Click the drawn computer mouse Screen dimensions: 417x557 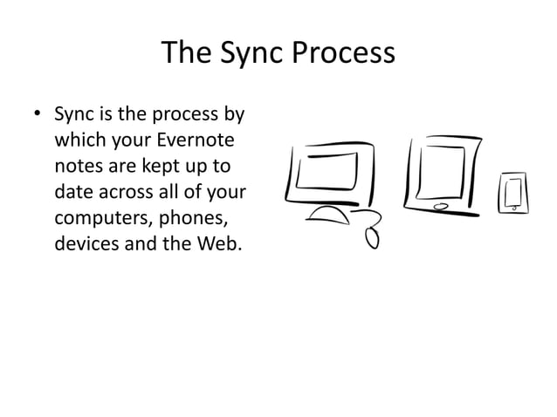coord(372,236)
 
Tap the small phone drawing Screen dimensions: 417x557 coord(512,193)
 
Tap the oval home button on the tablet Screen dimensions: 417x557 coord(442,207)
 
